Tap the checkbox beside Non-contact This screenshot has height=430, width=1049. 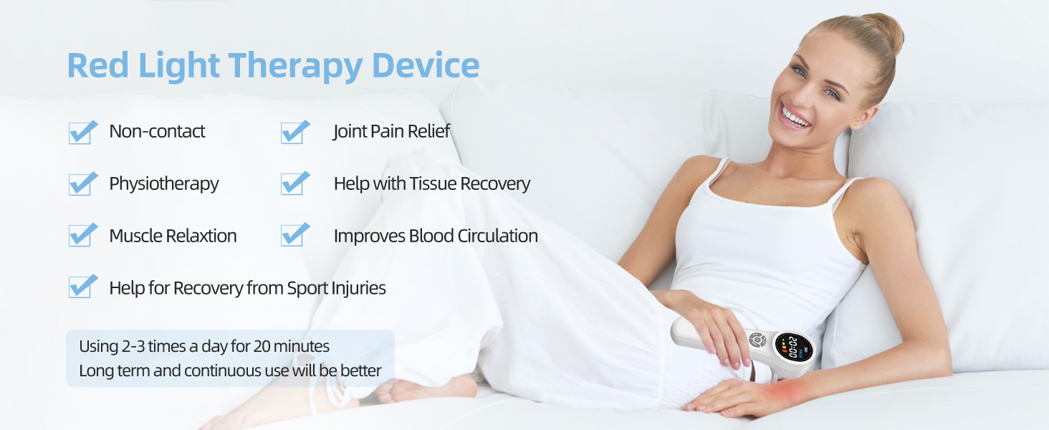pos(82,133)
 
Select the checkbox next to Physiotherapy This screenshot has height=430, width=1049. pos(82,184)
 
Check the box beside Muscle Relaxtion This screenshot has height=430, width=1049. pos(82,236)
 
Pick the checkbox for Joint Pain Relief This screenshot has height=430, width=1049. pos(294,133)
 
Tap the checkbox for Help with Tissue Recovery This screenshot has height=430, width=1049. pos(294,184)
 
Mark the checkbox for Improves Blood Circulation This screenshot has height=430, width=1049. pos(294,236)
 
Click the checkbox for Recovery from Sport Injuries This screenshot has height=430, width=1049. pos(82,287)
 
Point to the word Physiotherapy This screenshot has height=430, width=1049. pos(164,184)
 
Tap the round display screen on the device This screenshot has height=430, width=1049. pos(793,347)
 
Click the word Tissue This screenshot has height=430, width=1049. pos(433,184)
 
